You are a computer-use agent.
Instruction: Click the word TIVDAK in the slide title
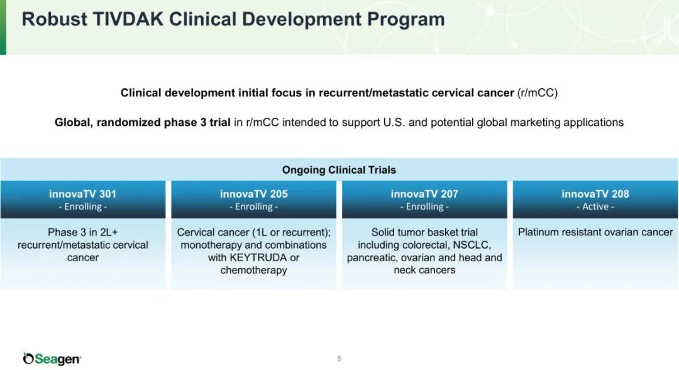[x=128, y=19]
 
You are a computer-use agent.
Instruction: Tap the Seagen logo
[x=52, y=358]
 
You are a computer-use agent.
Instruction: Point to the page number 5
[x=339, y=359]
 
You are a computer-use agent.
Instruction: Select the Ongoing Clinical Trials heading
[x=339, y=170]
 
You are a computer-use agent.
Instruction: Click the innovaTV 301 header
[x=83, y=194]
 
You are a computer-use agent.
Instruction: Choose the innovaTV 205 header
[x=254, y=194]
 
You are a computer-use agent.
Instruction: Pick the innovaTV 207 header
[x=424, y=194]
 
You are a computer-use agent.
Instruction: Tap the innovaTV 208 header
[x=595, y=194]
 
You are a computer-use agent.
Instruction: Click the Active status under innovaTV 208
[x=595, y=206]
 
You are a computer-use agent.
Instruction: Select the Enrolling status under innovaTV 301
[x=83, y=206]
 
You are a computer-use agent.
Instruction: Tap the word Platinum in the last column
[x=538, y=232]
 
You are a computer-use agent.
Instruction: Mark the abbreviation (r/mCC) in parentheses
[x=538, y=93]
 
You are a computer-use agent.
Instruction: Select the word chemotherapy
[x=254, y=270]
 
